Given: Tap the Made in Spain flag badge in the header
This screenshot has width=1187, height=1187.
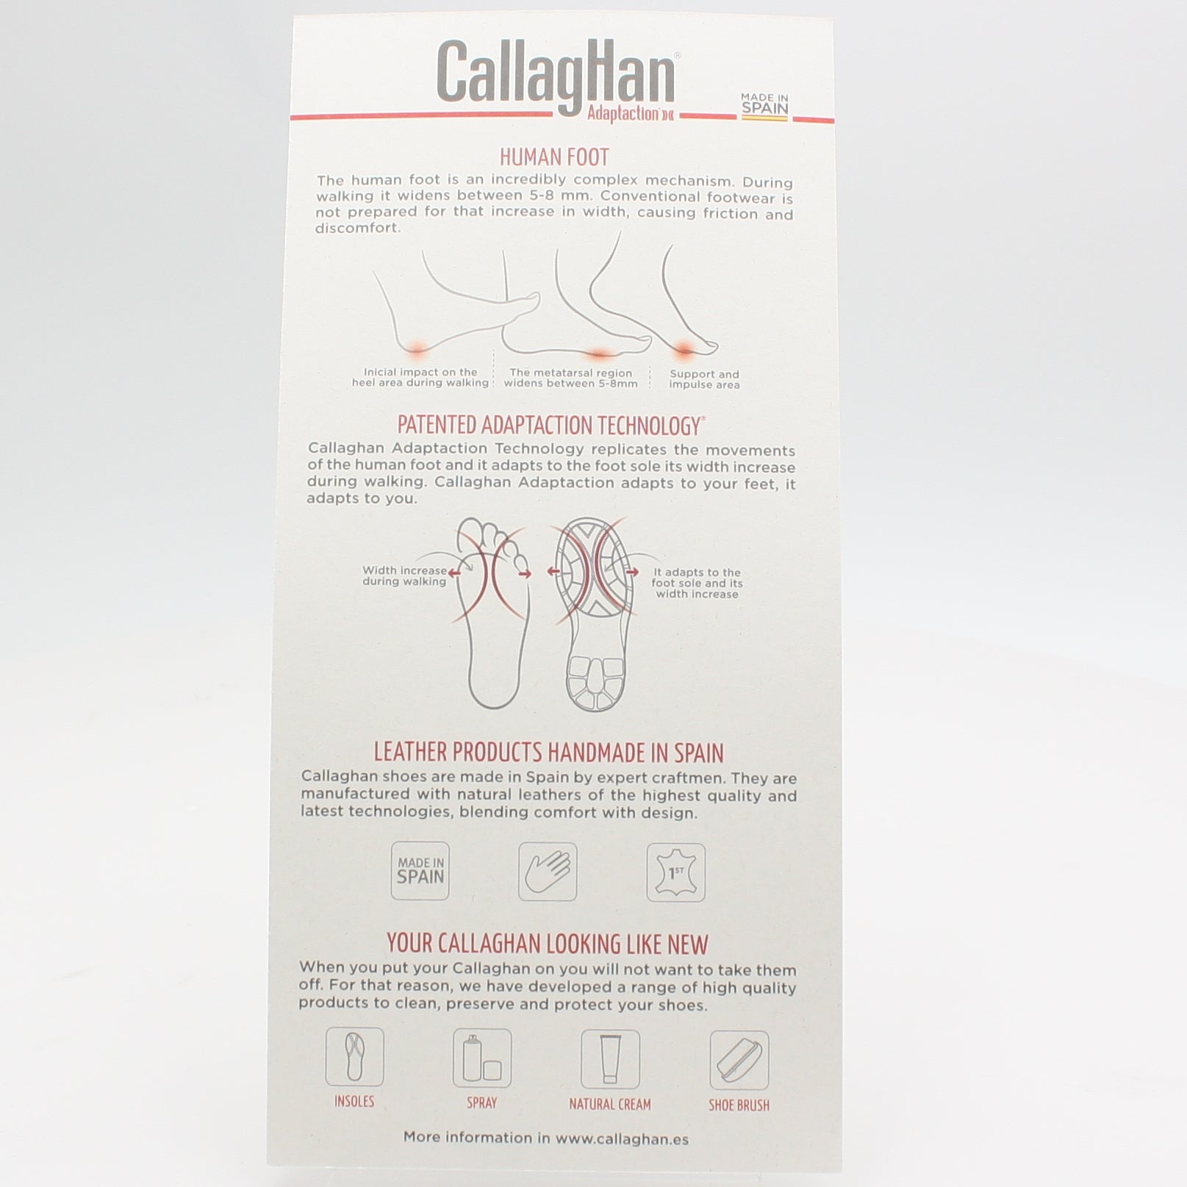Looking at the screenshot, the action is click(x=764, y=106).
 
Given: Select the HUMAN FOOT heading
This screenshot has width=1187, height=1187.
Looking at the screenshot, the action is click(x=554, y=157).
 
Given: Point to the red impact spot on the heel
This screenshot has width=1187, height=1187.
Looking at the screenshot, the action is click(x=417, y=349).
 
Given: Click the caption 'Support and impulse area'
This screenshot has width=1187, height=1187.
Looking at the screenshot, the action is click(x=704, y=379).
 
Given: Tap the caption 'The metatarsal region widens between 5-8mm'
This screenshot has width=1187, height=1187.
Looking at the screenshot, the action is click(x=570, y=378).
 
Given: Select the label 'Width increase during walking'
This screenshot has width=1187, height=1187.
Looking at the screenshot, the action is click(x=404, y=575).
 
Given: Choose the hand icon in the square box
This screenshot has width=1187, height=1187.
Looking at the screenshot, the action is click(x=548, y=872).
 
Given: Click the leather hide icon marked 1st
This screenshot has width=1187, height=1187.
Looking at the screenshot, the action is click(x=675, y=872).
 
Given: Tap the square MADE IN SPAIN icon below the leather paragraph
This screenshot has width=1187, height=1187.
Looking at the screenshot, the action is click(x=420, y=871).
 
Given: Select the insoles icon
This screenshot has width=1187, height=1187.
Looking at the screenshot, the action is click(x=354, y=1057).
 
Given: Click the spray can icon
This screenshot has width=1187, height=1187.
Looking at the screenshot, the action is click(x=482, y=1058).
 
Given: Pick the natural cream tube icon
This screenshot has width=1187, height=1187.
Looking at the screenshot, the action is click(x=610, y=1059).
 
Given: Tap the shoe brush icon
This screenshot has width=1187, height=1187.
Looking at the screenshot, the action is click(x=739, y=1060).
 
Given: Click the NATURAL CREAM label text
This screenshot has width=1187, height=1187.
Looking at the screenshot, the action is click(x=610, y=1104).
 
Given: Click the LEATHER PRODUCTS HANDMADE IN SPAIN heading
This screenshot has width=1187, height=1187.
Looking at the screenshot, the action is click(x=549, y=753).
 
